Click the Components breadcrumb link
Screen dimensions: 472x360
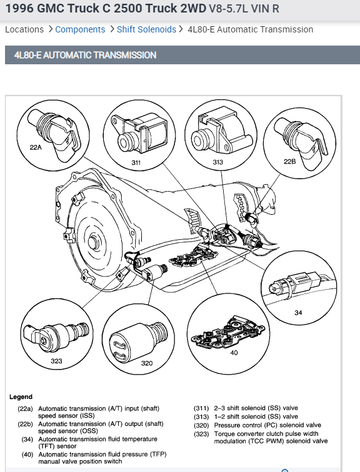point(80,29)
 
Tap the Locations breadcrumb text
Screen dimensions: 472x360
point(24,29)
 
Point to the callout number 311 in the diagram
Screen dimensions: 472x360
point(136,163)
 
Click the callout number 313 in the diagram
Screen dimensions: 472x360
point(217,162)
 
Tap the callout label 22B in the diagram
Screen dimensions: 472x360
point(289,161)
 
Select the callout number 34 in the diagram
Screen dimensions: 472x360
point(298,313)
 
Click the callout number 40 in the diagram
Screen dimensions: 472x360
point(234,353)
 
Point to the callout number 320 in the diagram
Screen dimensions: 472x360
point(147,363)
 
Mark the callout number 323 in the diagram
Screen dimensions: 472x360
point(56,361)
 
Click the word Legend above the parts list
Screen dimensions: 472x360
point(21,397)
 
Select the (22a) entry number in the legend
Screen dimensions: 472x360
point(25,408)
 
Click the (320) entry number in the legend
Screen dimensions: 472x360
point(201,425)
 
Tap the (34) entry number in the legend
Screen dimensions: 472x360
point(27,440)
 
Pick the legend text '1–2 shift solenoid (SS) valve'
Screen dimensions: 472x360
point(256,416)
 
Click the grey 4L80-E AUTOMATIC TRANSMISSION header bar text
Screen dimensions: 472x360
point(85,55)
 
